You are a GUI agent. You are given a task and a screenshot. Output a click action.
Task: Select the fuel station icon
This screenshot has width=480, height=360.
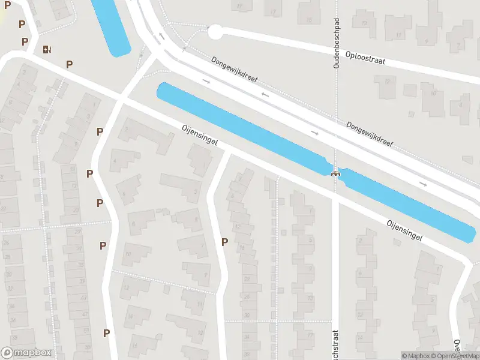[46, 49]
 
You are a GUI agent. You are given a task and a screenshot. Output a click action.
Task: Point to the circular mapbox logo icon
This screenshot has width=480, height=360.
[7, 353]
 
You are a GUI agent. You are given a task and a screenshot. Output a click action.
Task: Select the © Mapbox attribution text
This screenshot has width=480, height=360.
[416, 356]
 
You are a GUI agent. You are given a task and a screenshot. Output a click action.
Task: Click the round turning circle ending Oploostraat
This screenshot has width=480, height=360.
[215, 32]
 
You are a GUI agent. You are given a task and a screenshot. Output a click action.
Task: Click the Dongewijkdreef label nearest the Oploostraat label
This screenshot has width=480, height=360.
[370, 134]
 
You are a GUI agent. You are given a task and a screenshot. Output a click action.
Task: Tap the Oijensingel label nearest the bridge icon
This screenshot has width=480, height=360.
[404, 230]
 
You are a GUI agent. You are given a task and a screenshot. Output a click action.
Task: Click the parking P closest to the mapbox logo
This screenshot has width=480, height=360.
[106, 333]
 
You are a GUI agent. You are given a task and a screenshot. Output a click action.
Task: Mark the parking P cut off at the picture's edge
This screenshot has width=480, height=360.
[8, 4]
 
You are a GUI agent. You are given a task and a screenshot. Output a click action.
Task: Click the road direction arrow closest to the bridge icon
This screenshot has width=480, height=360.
[315, 132]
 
